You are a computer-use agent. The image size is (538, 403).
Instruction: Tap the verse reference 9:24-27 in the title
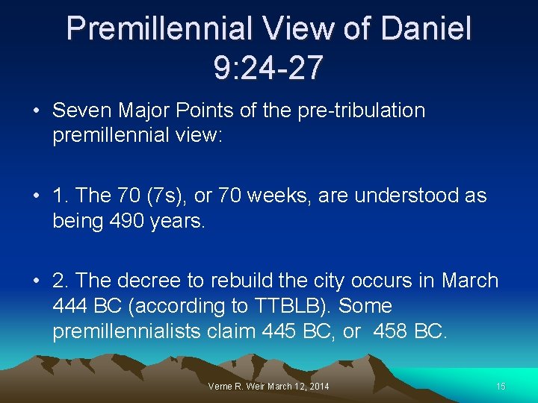268,67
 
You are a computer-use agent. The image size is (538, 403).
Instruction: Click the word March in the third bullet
469,281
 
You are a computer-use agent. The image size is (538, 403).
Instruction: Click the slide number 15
500,386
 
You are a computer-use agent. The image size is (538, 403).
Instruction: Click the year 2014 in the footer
317,386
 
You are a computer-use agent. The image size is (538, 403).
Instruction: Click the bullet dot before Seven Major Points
36,111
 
